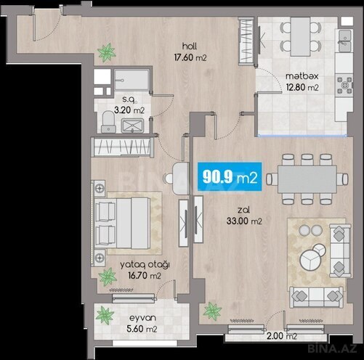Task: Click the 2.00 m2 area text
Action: pos(280,336)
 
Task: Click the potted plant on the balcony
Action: pos(105,316)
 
